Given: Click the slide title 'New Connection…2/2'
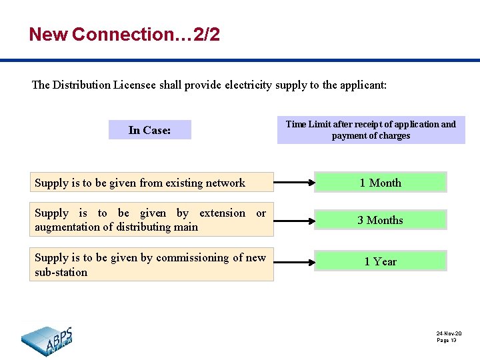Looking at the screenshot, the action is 124,35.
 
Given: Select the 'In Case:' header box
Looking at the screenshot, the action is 150,130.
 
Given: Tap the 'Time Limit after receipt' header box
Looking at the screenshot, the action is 371,130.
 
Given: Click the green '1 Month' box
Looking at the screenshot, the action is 380,183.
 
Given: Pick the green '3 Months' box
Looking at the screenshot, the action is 380,220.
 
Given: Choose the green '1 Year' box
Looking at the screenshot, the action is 380,261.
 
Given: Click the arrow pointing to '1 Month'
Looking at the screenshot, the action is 293,182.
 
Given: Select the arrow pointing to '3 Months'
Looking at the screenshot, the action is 293,220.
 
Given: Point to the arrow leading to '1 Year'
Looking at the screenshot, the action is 293,261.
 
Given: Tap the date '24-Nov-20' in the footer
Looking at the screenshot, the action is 449,333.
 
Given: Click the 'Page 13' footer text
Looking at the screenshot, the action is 447,340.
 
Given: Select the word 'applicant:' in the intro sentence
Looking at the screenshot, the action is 363,85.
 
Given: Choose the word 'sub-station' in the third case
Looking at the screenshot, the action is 61,272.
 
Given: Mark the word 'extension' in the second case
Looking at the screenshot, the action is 223,213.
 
